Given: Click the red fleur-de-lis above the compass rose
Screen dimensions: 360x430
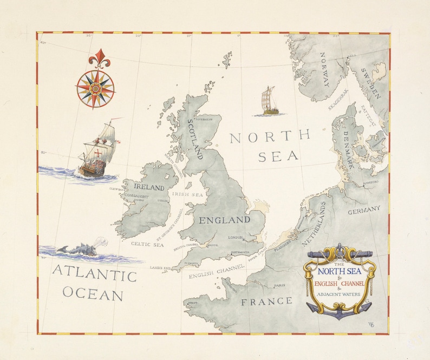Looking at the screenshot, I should point(99,57).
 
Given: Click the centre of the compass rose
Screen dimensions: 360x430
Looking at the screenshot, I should point(95,87).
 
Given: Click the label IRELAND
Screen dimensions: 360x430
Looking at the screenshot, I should point(149,187).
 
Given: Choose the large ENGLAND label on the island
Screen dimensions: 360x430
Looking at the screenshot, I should point(224,220).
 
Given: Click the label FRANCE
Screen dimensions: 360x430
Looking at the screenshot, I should point(266,301).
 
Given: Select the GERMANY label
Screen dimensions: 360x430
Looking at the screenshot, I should point(364,209).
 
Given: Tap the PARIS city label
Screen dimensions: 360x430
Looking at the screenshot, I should point(279,285).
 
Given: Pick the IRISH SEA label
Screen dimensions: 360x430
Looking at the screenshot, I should point(187,193).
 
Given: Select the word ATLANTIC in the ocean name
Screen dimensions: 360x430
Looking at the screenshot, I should point(94,276).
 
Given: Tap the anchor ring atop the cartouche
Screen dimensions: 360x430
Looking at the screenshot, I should point(338,248).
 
